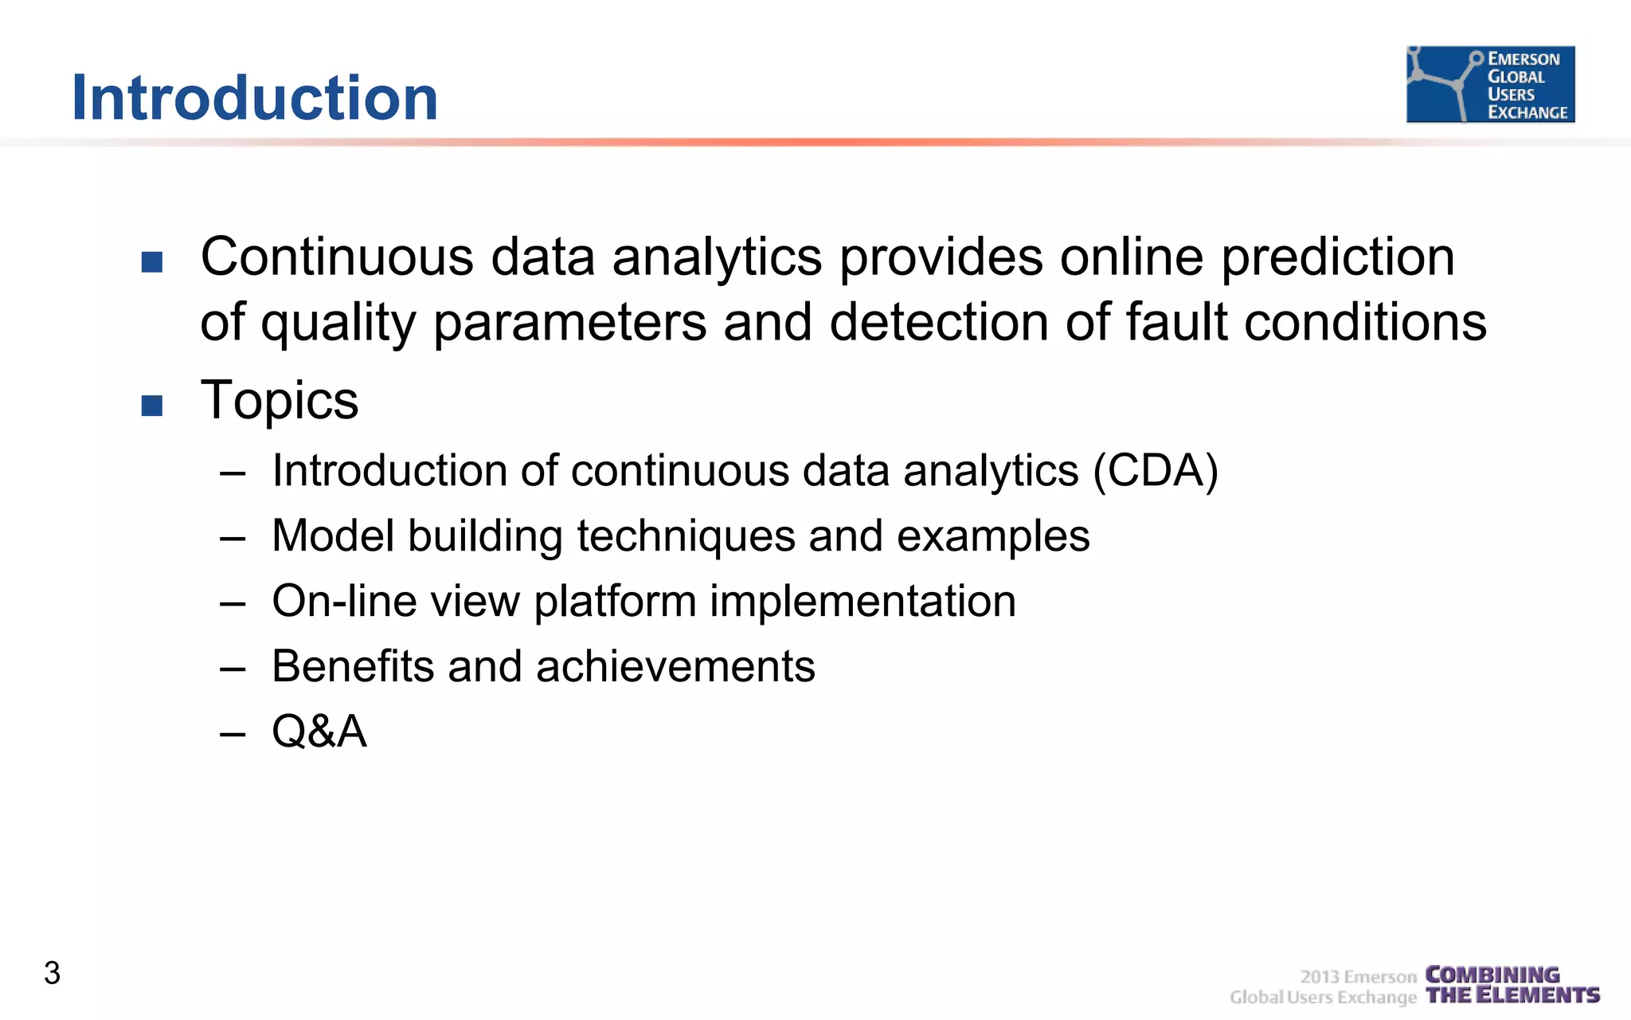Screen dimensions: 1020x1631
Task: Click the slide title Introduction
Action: pyautogui.click(x=255, y=97)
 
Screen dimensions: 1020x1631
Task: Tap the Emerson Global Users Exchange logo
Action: pyautogui.click(x=1490, y=84)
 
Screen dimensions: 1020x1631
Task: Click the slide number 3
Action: pyautogui.click(x=52, y=973)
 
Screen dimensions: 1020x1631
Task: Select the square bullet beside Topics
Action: pyautogui.click(x=152, y=406)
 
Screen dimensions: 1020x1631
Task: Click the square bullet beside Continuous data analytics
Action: pyautogui.click(x=152, y=262)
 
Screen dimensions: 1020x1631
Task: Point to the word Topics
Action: pyautogui.click(x=279, y=400)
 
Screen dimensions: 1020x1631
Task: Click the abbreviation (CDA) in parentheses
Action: pyautogui.click(x=1156, y=470)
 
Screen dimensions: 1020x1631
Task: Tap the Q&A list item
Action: pyautogui.click(x=319, y=731)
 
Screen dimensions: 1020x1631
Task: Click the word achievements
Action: pyautogui.click(x=675, y=666)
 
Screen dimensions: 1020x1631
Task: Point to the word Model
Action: pyautogui.click(x=333, y=535)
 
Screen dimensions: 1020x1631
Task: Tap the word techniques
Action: pyautogui.click(x=686, y=535)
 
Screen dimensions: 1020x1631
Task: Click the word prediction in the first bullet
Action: pyautogui.click(x=1338, y=257)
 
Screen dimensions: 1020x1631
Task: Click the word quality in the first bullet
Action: pyautogui.click(x=338, y=324)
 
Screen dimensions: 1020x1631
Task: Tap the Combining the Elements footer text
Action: pyautogui.click(x=1512, y=985)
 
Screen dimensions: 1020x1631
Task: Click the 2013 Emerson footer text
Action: pyautogui.click(x=1358, y=977)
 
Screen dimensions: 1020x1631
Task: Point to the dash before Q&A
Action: pyautogui.click(x=233, y=733)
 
